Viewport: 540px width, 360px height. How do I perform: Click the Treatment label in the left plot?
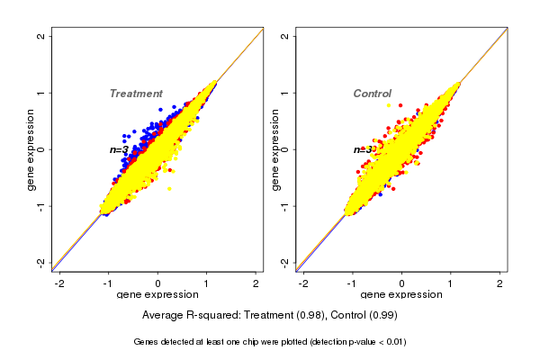[136, 94]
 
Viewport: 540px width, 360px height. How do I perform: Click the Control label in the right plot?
[372, 94]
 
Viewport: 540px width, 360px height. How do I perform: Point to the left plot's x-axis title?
[157, 295]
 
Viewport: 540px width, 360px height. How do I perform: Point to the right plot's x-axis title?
[401, 295]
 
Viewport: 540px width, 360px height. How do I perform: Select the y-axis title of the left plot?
[31, 149]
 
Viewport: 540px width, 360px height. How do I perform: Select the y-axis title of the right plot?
[275, 149]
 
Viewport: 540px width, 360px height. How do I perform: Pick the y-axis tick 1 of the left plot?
[41, 93]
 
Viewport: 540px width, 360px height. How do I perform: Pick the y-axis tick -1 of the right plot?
[285, 205]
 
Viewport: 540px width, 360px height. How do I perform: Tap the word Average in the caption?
[163, 315]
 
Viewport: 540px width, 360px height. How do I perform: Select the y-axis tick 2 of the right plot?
[285, 36]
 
